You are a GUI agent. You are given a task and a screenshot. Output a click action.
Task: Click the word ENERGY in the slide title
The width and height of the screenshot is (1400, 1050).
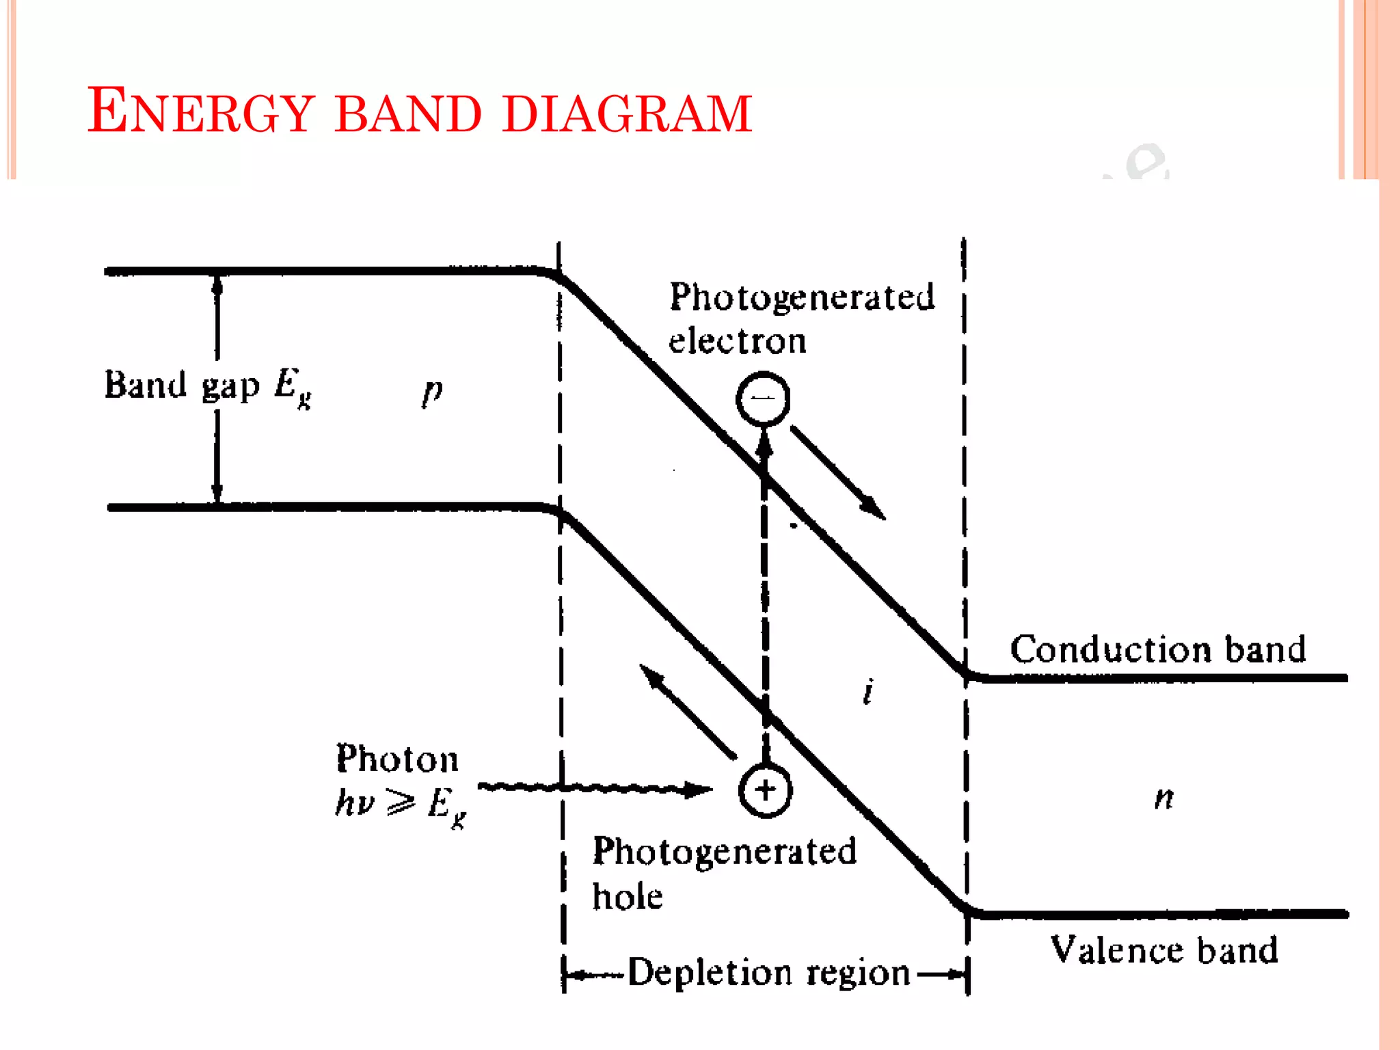click(x=200, y=111)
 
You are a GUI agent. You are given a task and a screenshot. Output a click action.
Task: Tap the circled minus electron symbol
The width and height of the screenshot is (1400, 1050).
click(x=763, y=399)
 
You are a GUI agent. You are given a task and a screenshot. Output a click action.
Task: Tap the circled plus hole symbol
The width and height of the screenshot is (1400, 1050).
click(x=765, y=790)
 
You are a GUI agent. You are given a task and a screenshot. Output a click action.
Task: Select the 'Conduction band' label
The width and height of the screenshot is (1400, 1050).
click(x=1157, y=649)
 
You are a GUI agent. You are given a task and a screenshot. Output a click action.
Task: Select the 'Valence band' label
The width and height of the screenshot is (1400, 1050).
click(x=1163, y=950)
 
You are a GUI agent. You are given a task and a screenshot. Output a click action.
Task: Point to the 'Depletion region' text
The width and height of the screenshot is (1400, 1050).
click(x=768, y=972)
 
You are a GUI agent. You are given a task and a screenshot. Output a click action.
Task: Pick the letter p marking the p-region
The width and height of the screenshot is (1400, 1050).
click(x=432, y=392)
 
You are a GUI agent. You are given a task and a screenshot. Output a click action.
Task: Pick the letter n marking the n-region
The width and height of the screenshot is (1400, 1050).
click(x=1164, y=797)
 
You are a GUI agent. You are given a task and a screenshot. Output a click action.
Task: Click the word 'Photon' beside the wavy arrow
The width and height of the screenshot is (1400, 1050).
click(x=397, y=759)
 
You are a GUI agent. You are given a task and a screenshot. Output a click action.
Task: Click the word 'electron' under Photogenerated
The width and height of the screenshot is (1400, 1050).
click(x=737, y=341)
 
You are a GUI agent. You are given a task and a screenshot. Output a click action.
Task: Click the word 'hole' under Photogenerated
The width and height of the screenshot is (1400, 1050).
click(x=627, y=896)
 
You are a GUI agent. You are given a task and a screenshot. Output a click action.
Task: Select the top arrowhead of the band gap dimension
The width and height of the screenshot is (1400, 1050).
click(x=217, y=285)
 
